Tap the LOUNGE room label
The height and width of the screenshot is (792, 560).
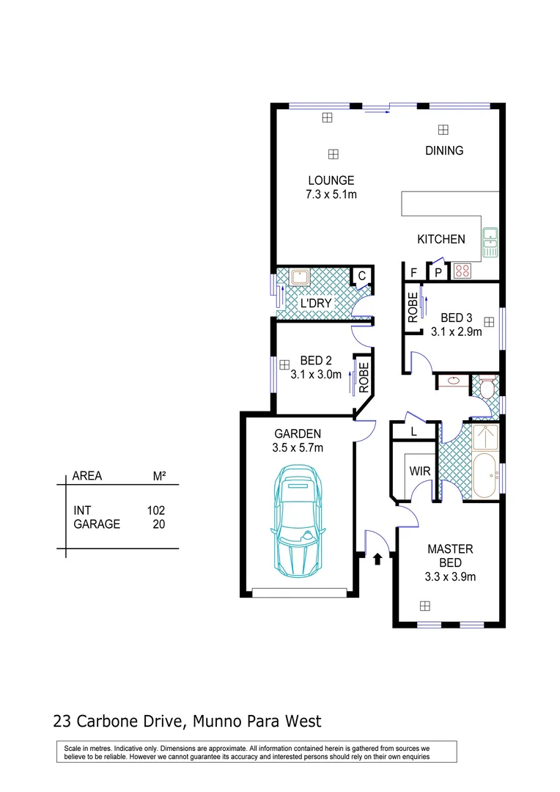click(331, 180)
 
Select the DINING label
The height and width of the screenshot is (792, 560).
click(444, 151)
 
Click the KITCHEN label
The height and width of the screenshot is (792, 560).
click(441, 239)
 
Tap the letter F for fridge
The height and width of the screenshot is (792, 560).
click(414, 273)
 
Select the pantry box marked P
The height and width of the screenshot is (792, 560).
click(438, 273)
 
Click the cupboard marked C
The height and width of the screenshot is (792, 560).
click(361, 276)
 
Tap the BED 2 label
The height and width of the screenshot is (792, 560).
click(316, 360)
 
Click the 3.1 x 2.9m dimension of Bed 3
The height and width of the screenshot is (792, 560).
click(456, 331)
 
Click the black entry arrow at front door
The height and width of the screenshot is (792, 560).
click(377, 560)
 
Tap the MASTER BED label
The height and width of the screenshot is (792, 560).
click(450, 556)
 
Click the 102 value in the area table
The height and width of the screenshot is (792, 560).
click(156, 510)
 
